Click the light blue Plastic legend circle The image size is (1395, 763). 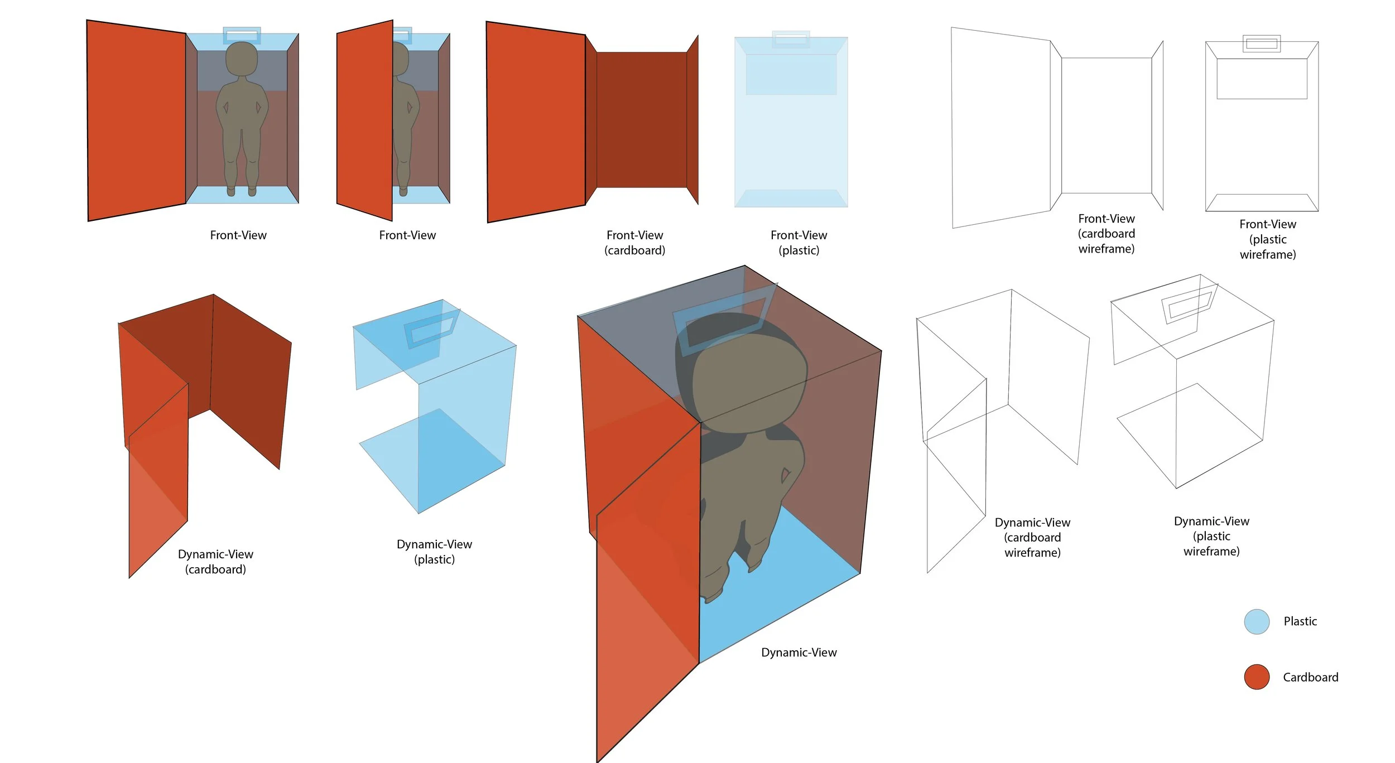[1257, 621]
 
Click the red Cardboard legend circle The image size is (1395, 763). [1257, 677]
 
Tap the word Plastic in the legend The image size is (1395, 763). [1300, 621]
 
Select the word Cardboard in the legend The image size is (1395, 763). [1310, 677]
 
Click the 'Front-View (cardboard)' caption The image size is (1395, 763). [634, 243]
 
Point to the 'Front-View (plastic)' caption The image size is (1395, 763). [798, 243]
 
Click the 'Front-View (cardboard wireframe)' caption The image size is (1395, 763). [1106, 234]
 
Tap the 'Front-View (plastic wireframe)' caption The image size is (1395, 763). [1267, 239]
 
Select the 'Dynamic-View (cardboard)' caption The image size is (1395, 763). [215, 562]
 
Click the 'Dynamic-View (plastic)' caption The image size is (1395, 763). [434, 552]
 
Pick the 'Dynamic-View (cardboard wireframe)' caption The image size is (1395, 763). [1032, 537]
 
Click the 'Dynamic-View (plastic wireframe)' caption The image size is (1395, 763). [1211, 536]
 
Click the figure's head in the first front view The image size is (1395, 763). [242, 58]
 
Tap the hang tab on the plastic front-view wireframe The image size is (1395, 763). [1261, 44]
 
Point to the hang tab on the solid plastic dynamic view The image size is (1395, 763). [431, 329]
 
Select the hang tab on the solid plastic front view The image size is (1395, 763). [791, 39]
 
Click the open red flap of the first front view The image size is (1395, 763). [137, 120]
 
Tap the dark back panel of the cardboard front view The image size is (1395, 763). [641, 120]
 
